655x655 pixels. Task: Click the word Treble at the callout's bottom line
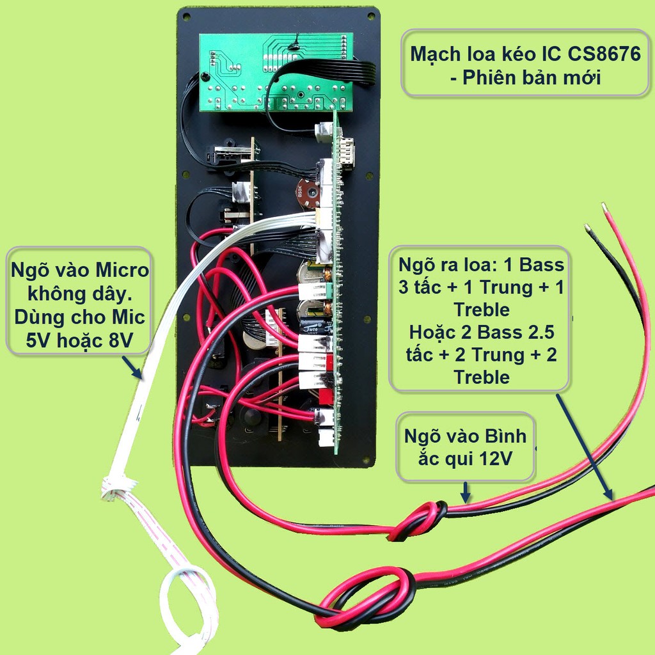pos(482,377)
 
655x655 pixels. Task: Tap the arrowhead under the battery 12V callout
pos(466,496)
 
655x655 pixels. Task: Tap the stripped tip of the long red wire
pos(604,207)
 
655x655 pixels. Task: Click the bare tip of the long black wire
pos(588,228)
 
